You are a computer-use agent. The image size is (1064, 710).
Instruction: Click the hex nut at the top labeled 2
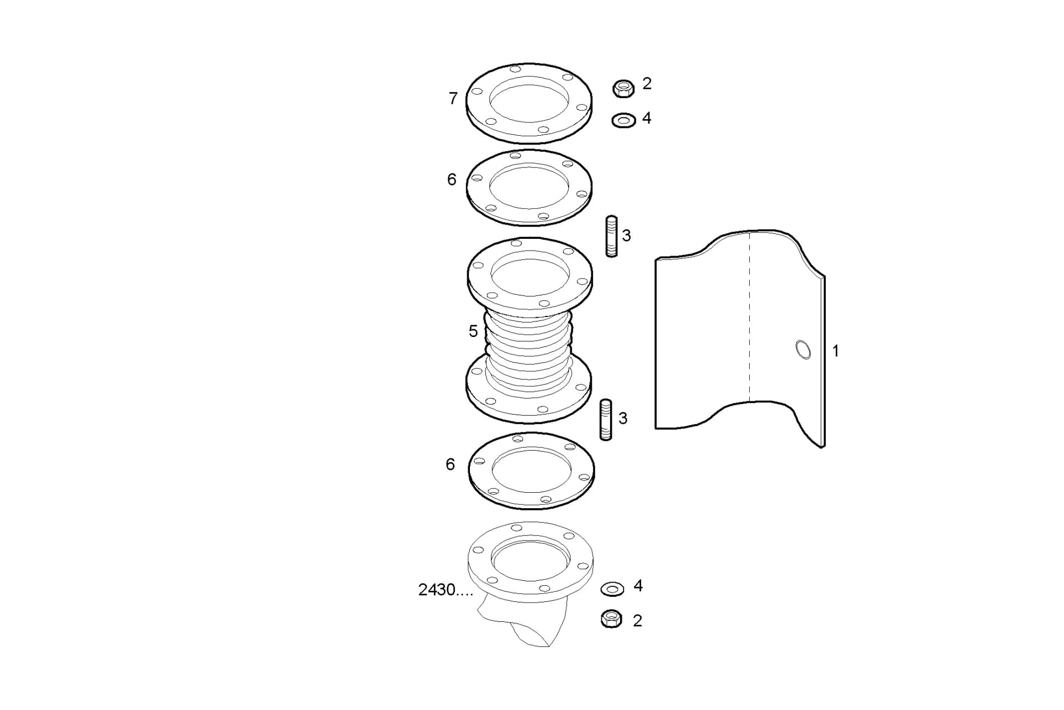click(623, 88)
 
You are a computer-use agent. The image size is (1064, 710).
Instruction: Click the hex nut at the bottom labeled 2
click(611, 619)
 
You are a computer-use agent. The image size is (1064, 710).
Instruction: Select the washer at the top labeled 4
click(623, 120)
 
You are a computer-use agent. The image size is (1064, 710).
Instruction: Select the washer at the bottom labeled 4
click(612, 589)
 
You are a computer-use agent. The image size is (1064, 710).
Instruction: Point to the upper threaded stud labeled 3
click(611, 236)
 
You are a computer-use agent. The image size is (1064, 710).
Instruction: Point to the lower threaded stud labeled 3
click(606, 420)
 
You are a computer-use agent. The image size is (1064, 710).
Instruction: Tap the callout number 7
click(453, 99)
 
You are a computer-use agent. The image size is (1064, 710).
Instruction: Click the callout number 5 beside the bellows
click(473, 331)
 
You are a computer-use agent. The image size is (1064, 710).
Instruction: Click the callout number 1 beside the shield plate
click(835, 351)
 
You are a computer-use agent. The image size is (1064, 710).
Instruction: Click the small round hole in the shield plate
click(802, 350)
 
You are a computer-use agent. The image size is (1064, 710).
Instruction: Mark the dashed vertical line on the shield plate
click(749, 316)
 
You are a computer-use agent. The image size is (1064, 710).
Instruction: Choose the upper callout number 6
click(452, 180)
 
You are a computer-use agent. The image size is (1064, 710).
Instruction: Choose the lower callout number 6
click(450, 464)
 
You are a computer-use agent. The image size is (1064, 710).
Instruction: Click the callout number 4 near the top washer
click(646, 118)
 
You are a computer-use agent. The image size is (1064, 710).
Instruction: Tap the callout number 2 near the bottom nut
click(637, 621)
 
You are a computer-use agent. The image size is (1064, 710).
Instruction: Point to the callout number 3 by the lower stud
click(623, 418)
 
